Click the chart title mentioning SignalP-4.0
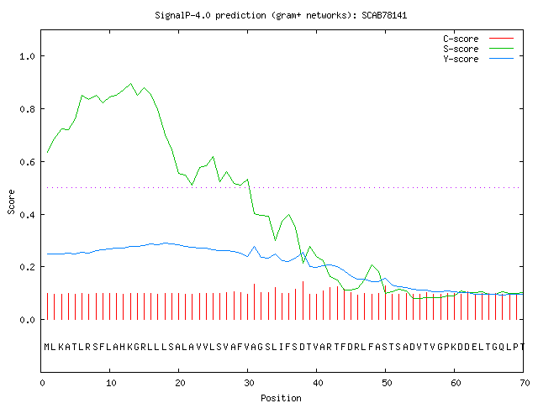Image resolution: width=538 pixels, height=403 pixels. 281,15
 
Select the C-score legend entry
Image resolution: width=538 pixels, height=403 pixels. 478,39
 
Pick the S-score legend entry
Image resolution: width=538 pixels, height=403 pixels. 478,49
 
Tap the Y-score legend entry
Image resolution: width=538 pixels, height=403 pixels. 478,59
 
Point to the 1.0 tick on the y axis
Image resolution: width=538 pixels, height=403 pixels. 28,56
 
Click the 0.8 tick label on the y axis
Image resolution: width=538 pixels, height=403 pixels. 28,109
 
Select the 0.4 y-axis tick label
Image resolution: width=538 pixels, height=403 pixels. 28,215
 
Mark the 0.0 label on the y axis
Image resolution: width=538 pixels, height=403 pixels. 28,320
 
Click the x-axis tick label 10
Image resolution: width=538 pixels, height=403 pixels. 111,383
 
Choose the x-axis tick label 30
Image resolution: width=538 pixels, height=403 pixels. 249,383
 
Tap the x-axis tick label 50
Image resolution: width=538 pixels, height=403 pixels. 387,383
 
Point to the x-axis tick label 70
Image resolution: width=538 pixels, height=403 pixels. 525,383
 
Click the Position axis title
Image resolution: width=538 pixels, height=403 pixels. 281,398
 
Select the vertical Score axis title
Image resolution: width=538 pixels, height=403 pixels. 11,202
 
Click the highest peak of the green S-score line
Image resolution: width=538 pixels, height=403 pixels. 131,83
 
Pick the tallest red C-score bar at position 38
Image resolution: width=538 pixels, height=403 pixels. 303,301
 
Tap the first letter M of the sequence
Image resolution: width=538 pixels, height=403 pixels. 47,347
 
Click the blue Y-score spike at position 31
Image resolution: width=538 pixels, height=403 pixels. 254,246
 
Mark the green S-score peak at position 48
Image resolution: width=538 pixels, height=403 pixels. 372,265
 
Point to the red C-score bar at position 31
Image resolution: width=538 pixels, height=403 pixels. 254,301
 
